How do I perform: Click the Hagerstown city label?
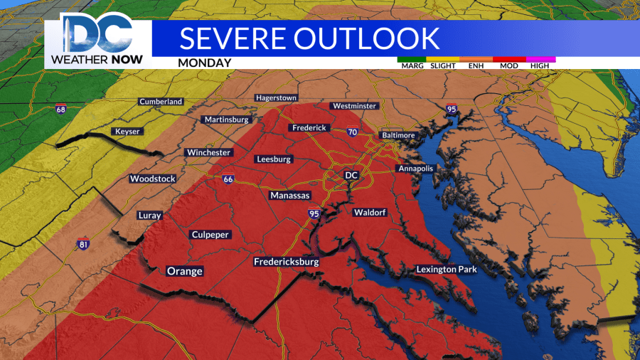tap(277, 97)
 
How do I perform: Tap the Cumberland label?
tap(161, 102)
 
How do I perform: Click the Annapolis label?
tap(414, 169)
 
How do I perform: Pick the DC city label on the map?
tap(351, 175)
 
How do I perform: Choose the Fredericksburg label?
tap(286, 263)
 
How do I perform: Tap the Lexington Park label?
tap(447, 270)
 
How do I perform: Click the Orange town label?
tap(184, 271)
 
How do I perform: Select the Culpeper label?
tap(211, 235)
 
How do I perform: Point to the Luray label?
tap(151, 216)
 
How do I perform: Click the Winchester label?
tap(208, 152)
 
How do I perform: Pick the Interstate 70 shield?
tap(352, 132)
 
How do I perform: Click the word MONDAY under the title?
tap(205, 63)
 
